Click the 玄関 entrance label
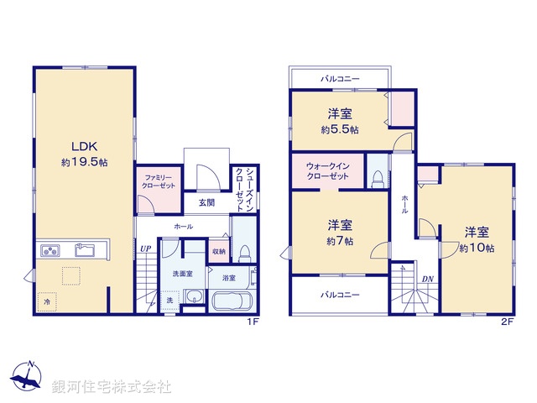207,202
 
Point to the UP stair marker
145,249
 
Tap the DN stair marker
427,279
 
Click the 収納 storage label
218,250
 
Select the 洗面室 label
183,273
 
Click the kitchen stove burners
50,251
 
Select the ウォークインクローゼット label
328,172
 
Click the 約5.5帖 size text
339,130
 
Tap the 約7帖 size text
339,240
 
